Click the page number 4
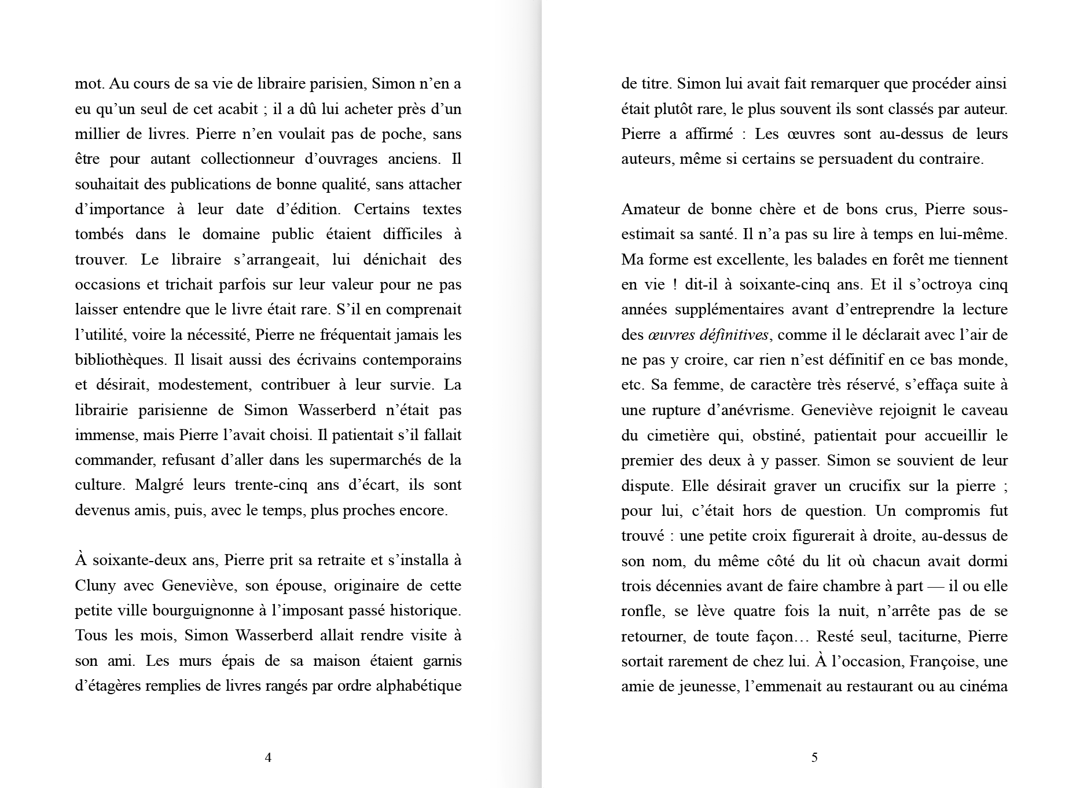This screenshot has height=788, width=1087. coord(268,757)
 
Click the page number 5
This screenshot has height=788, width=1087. coord(814,757)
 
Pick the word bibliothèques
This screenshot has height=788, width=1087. coord(120,360)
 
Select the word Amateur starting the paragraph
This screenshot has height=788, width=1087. coord(650,209)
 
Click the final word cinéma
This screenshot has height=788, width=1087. coord(985,686)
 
